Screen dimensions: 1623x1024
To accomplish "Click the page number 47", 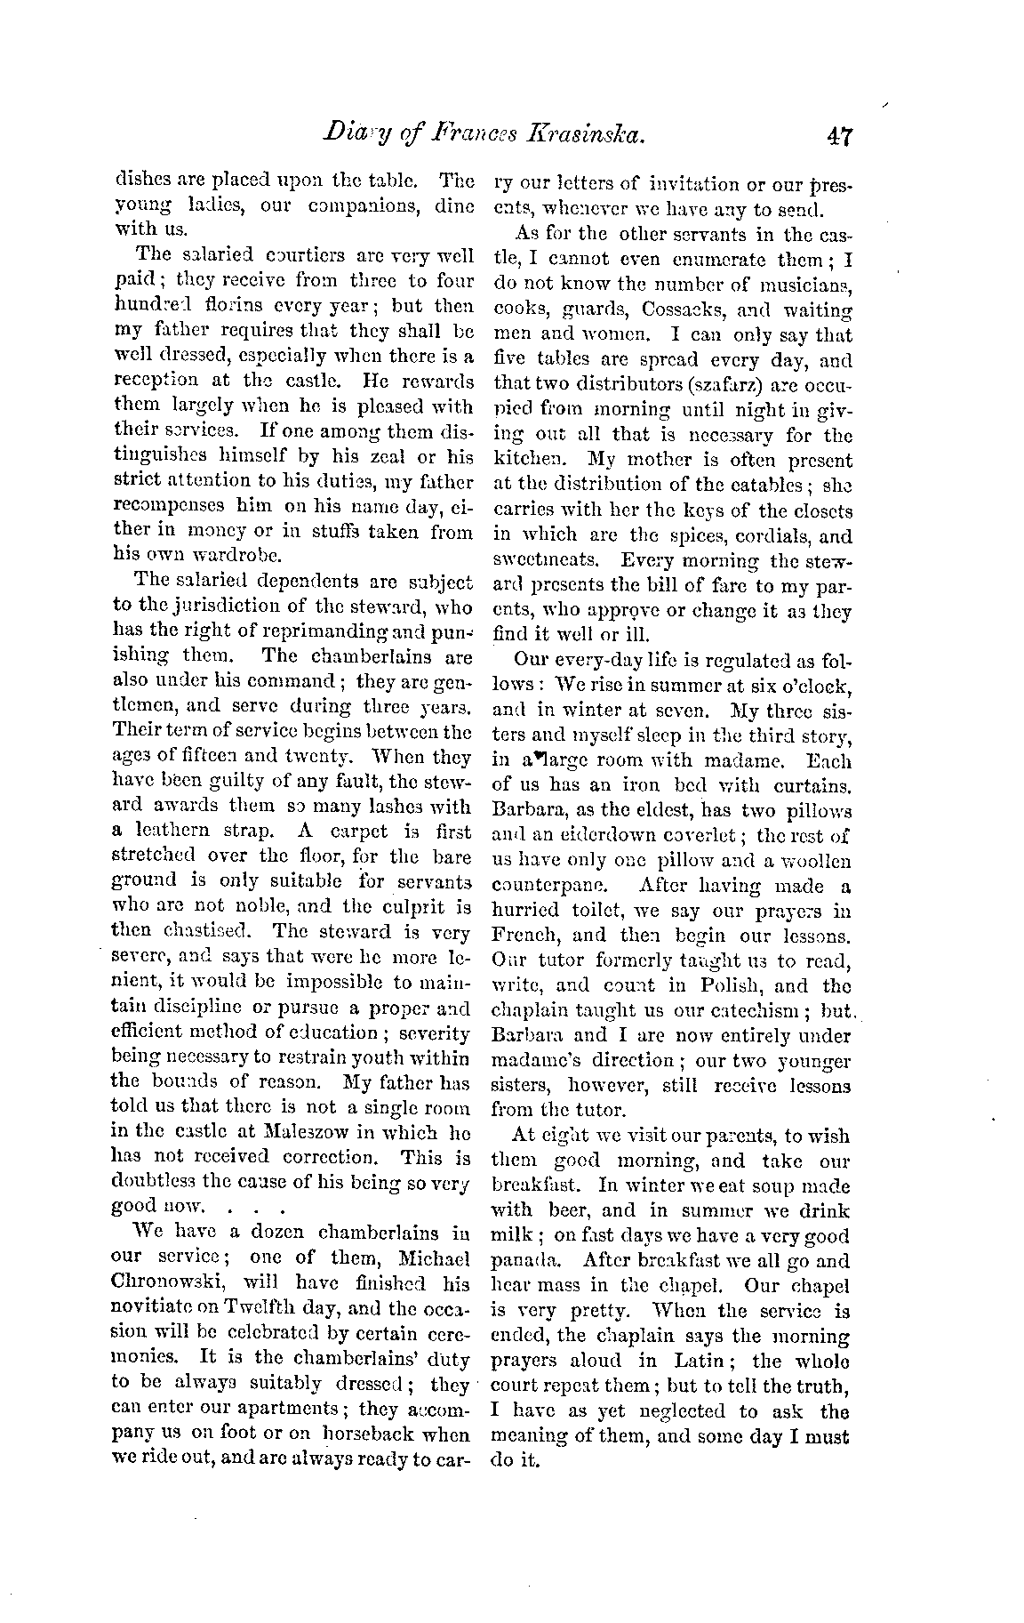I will tap(838, 136).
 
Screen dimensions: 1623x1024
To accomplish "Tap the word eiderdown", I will tap(625, 836).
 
